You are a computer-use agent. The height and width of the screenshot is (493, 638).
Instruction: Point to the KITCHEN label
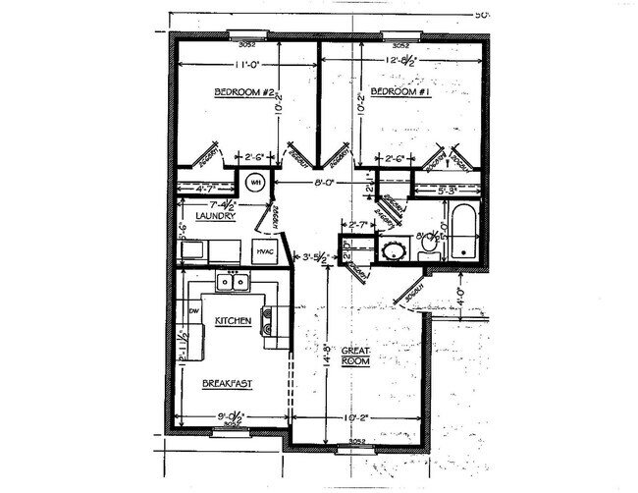point(234,321)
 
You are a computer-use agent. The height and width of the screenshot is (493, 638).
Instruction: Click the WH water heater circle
point(253,183)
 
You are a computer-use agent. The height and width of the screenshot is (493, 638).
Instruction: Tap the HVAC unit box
point(266,251)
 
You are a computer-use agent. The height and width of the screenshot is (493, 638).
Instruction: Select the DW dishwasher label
point(193,311)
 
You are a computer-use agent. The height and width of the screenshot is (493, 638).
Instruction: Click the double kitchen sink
point(233,282)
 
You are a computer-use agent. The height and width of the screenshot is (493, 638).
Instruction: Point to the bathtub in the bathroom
point(462,231)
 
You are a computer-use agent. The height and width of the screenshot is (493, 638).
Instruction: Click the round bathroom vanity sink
point(394,249)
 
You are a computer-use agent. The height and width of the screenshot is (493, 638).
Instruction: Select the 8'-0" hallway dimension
point(327,182)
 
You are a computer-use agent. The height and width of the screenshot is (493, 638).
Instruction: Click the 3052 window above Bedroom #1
point(400,41)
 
